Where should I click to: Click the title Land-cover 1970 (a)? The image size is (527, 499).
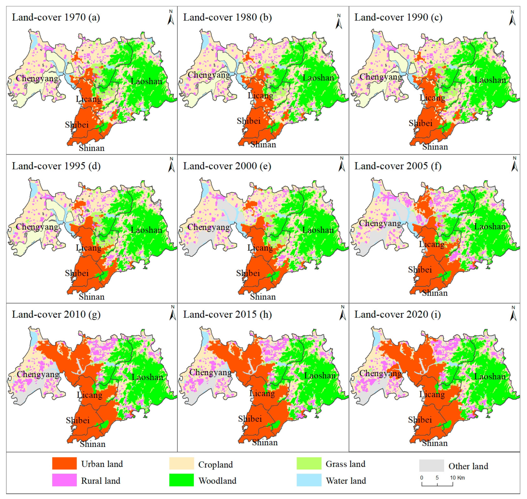pos(56,18)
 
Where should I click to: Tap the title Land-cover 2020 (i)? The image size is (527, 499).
pos(397,315)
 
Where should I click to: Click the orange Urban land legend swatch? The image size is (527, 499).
pos(64,464)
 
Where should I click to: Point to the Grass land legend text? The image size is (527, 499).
pos(345,464)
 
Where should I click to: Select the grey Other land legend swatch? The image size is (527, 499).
pos(431,465)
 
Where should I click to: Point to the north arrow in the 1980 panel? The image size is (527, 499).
pos(339,22)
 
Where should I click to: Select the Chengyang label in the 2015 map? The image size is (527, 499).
pos(210,372)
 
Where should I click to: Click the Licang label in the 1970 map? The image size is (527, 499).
pos(89,99)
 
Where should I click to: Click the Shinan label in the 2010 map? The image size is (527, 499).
pos(93,444)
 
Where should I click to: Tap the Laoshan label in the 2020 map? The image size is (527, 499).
pos(490,377)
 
